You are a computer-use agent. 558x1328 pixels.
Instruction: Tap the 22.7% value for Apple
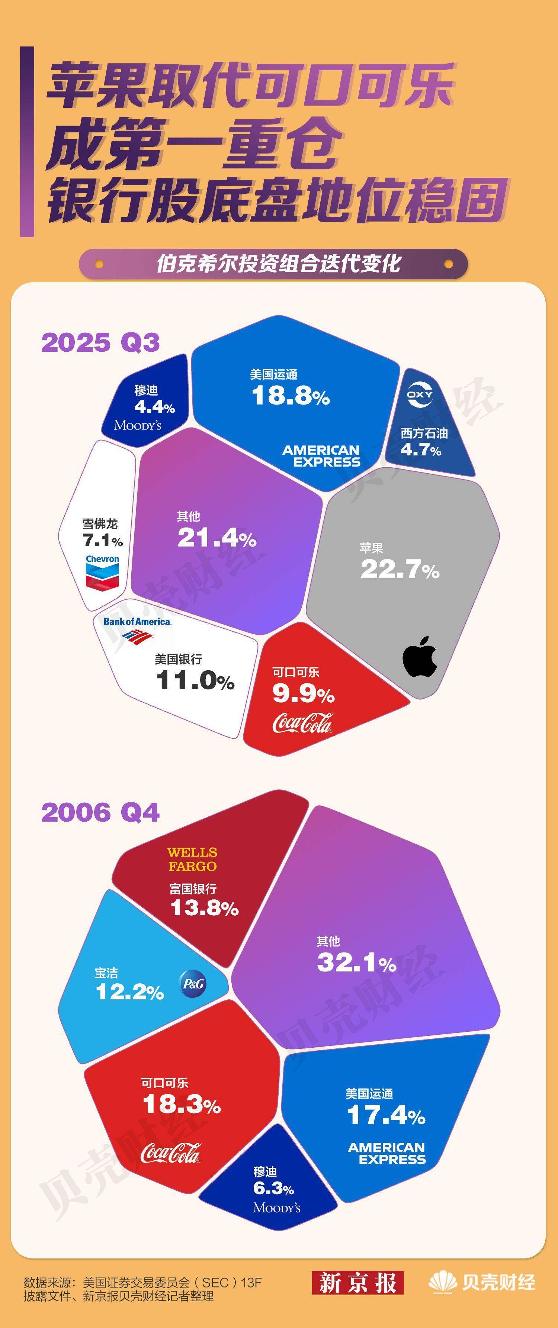(x=400, y=570)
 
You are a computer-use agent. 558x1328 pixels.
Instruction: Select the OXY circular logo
(x=420, y=394)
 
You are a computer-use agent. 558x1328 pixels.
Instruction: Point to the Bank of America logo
(x=137, y=628)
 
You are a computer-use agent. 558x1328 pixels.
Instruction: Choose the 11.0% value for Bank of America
(x=195, y=680)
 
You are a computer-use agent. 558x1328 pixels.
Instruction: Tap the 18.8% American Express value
(x=290, y=396)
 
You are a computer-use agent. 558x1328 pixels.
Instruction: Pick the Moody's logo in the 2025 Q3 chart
(x=138, y=425)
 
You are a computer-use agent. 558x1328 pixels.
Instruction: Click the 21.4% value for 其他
(x=217, y=538)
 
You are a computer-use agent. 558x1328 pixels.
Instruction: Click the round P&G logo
(x=193, y=984)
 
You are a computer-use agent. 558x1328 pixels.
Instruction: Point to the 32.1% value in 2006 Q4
(x=356, y=962)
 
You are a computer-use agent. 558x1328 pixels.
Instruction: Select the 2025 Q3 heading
(x=100, y=342)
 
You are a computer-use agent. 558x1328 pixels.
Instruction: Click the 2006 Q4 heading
(x=100, y=812)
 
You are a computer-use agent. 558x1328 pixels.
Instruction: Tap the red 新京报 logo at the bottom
(x=357, y=1283)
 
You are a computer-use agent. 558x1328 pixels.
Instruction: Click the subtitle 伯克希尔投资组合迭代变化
(x=279, y=264)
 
